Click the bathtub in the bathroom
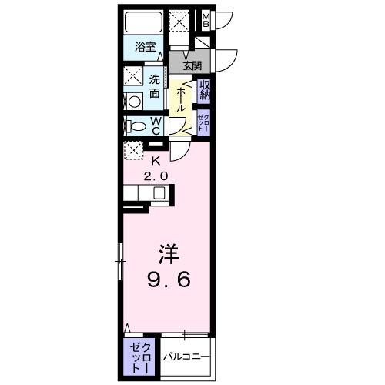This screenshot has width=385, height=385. [x=142, y=23]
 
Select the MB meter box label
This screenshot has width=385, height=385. [x=206, y=19]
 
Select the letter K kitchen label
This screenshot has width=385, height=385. [x=156, y=161]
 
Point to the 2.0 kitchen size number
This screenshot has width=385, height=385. [x=156, y=176]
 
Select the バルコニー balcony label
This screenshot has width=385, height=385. [x=184, y=357]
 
